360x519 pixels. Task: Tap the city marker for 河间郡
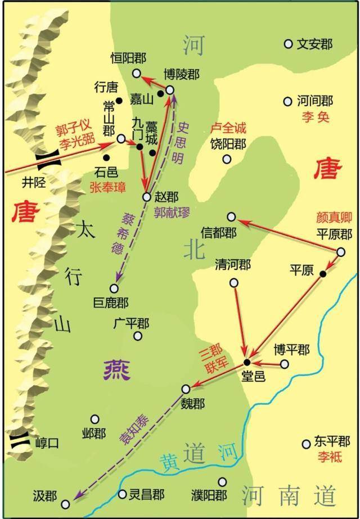(x=287, y=102)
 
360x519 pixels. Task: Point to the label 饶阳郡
(x=227, y=144)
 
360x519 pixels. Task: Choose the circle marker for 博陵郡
(x=170, y=89)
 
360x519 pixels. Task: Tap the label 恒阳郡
(x=129, y=58)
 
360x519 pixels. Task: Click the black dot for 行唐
(x=119, y=101)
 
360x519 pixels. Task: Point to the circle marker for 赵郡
(x=146, y=197)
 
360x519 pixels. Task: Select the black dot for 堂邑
(x=246, y=362)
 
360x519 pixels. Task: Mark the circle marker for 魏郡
(x=186, y=389)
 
